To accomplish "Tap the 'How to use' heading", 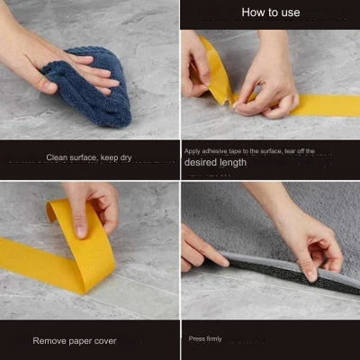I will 270,13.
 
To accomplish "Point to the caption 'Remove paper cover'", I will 75,341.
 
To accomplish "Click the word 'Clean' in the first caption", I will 57,157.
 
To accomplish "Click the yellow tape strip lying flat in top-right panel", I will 319,104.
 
